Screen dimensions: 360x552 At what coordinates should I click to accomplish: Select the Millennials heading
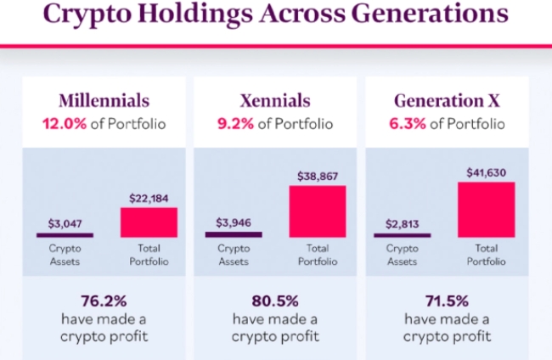104,100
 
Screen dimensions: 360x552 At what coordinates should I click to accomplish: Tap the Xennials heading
275,100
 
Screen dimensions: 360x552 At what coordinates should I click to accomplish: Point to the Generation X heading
447,100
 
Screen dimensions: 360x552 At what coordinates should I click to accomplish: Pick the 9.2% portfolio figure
235,124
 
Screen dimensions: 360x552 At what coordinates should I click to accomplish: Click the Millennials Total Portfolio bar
148,222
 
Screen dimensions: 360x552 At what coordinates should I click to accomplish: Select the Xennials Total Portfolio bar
318,211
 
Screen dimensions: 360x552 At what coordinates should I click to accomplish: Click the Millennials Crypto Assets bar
65,234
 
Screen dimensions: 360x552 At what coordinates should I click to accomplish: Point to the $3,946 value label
234,223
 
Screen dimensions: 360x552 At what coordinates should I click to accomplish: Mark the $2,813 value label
403,223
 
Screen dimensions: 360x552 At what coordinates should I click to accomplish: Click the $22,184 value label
148,198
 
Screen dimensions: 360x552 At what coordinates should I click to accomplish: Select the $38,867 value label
318,176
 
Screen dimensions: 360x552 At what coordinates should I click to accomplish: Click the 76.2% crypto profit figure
104,301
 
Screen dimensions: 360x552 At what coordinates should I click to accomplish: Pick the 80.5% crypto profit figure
275,301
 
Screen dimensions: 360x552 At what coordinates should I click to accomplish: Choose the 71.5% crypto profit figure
447,301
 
